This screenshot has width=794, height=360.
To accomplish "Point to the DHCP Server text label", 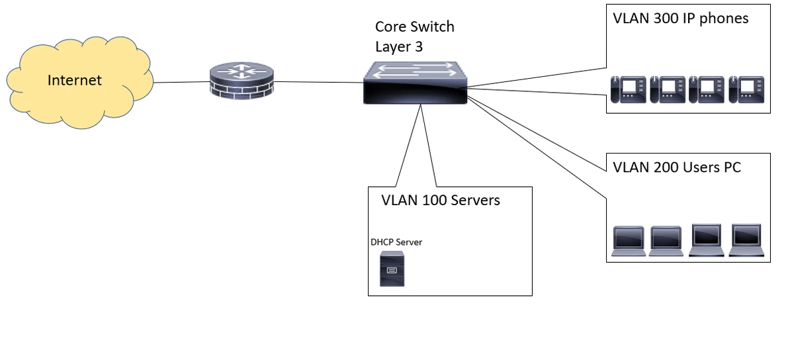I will click(396, 242).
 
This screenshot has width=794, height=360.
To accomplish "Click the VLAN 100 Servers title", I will click(441, 200).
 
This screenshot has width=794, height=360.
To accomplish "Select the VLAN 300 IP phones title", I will click(681, 19).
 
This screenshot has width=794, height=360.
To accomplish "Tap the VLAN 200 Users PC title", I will click(677, 167).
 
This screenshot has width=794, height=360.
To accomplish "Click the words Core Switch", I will click(415, 27).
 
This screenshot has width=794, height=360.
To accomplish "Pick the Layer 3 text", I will click(399, 46).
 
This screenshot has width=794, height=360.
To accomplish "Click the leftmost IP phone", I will click(628, 89).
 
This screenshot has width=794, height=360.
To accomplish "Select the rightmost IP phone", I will click(746, 89).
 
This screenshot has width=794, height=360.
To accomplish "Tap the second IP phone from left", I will click(668, 89).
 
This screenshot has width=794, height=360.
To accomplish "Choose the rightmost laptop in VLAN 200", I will click(746, 240).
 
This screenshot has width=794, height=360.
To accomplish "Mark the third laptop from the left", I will click(706, 240).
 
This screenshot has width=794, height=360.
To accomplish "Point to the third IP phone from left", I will click(707, 89).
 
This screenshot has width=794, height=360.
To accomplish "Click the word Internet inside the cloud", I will click(75, 81).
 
